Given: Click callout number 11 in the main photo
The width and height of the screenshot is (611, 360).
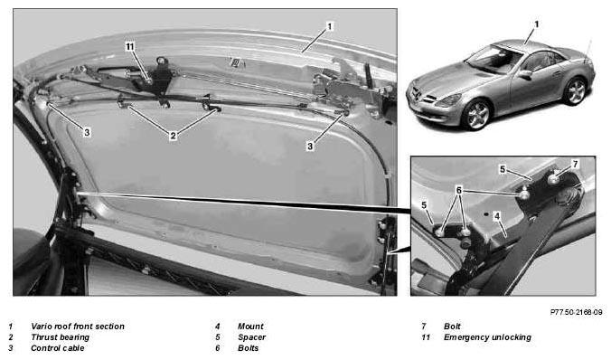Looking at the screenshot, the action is click(x=130, y=47).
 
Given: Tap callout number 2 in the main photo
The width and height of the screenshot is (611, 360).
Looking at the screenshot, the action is click(x=173, y=136).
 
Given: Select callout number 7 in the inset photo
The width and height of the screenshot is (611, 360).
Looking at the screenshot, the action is click(x=575, y=165).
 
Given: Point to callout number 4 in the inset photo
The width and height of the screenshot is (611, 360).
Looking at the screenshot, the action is click(x=497, y=215).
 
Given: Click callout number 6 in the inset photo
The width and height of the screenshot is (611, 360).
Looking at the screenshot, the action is click(x=459, y=190).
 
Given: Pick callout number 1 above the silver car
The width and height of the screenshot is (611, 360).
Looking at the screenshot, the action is click(x=537, y=24).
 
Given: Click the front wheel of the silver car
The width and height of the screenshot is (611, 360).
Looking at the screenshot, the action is click(x=476, y=114).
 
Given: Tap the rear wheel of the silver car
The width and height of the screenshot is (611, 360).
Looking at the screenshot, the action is click(x=575, y=90).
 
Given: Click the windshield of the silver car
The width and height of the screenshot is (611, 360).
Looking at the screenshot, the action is click(x=493, y=59).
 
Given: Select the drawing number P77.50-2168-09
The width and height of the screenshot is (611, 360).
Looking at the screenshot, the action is click(x=576, y=312).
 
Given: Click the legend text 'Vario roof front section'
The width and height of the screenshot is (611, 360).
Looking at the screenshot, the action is click(x=78, y=326).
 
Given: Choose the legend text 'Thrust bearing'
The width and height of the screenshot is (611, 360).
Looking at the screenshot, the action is click(x=60, y=337).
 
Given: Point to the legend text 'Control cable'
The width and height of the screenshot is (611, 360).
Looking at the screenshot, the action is click(x=57, y=348).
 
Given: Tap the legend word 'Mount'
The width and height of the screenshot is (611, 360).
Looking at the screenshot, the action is click(x=250, y=326).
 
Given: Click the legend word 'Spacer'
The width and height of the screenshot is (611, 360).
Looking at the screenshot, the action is click(x=252, y=337).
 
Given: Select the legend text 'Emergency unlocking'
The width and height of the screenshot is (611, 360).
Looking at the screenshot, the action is click(x=487, y=337).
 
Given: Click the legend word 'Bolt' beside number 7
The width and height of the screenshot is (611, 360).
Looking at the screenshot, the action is click(x=452, y=326).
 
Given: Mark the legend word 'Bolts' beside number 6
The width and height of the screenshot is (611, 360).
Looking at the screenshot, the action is click(x=249, y=348).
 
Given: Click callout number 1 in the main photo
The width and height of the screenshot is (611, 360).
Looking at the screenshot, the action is click(x=330, y=26).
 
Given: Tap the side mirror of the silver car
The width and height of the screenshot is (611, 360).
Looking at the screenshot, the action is click(x=524, y=73).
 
